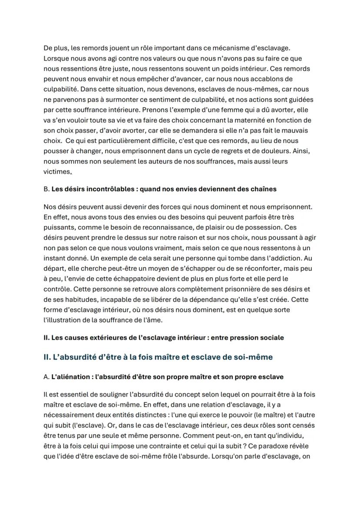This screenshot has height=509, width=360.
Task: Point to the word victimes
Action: pyautogui.click(x=57, y=172)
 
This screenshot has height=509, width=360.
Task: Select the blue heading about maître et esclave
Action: pyautogui.click(x=158, y=357)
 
